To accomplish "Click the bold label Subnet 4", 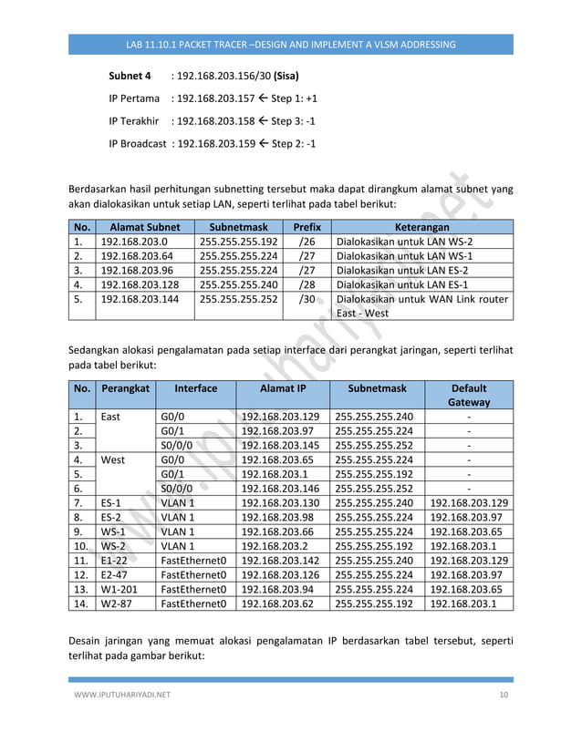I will tap(130, 76).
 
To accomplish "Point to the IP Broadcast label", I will tap(137, 143).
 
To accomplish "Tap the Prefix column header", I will tap(307, 227).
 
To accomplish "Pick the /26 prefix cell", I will tap(307, 242).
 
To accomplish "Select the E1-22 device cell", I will tap(114, 562).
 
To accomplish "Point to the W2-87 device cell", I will tap(115, 606).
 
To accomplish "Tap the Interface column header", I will tap(195, 387).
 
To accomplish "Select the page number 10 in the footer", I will tap(504, 696).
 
